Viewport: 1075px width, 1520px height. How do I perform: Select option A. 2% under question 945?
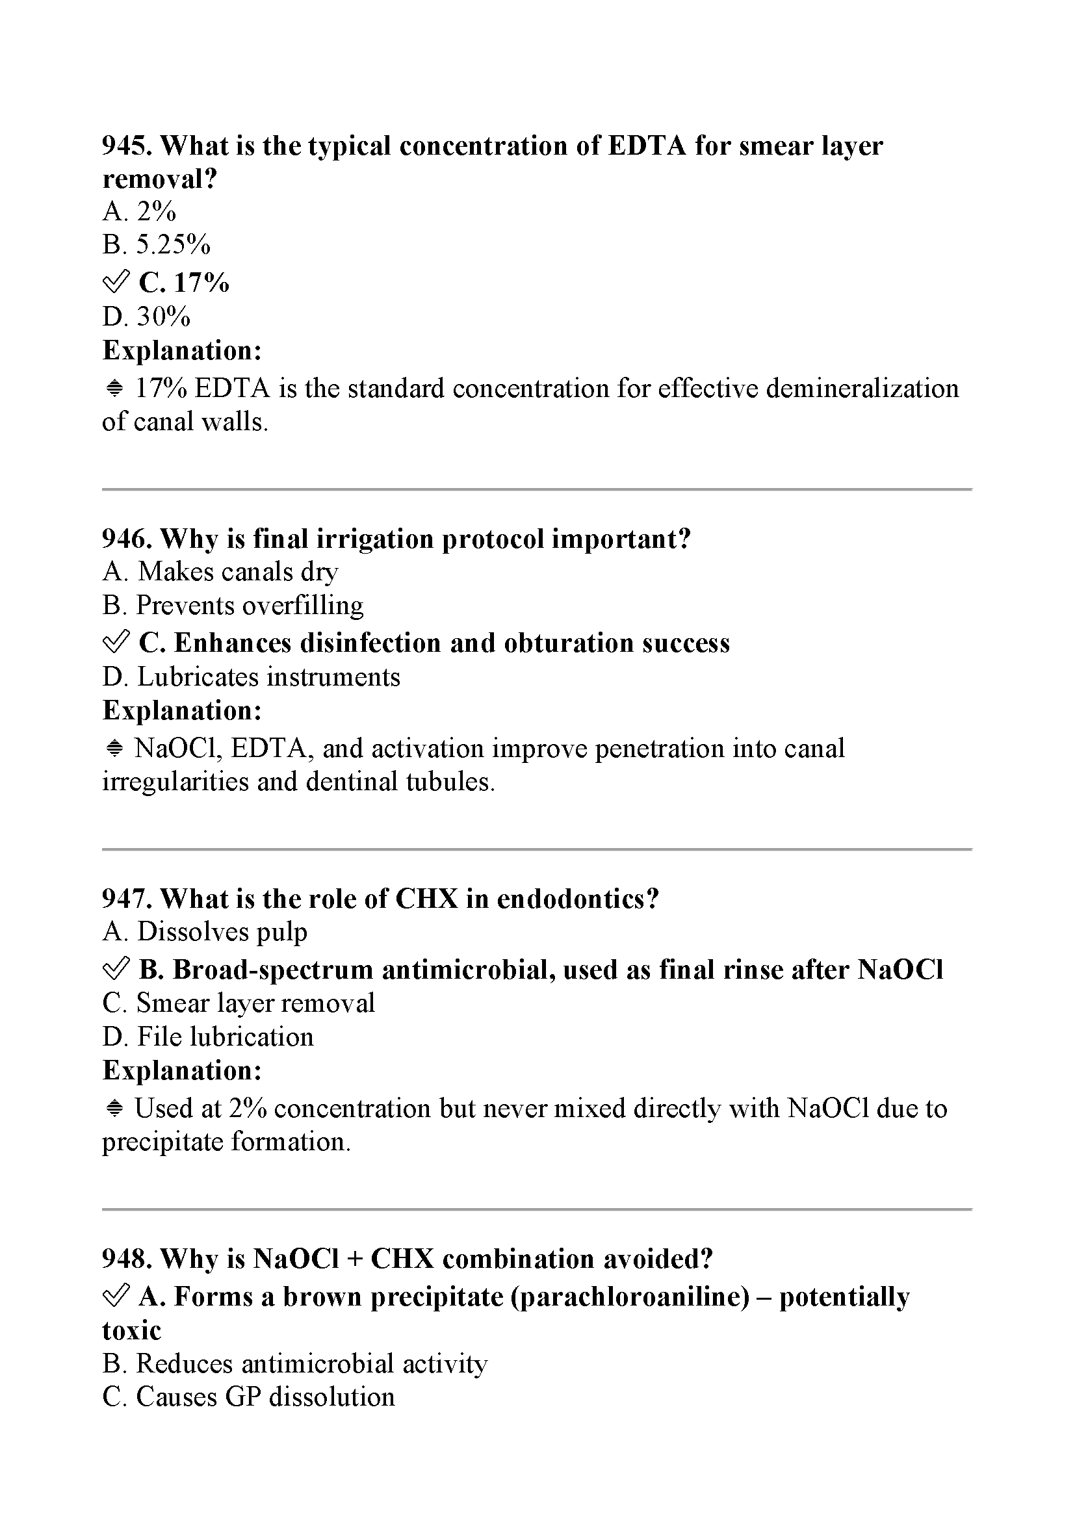[139, 212]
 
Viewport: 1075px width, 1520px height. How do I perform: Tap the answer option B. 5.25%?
[156, 245]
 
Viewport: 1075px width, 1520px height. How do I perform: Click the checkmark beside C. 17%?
[116, 283]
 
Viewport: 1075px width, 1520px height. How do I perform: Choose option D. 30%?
[146, 316]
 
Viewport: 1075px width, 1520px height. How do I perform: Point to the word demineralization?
[862, 389]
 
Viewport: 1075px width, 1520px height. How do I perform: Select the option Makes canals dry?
[220, 572]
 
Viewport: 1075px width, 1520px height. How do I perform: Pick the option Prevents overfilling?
[233, 605]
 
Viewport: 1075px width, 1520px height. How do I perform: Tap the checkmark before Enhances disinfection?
[116, 643]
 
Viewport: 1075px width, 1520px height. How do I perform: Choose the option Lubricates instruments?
[252, 677]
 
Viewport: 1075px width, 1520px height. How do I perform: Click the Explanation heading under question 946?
[182, 711]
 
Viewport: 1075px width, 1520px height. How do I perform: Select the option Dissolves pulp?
[205, 932]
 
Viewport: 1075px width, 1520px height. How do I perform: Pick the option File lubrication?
[208, 1037]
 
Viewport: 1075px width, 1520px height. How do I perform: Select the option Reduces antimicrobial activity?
[294, 1364]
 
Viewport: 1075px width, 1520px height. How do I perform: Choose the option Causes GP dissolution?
[248, 1397]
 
